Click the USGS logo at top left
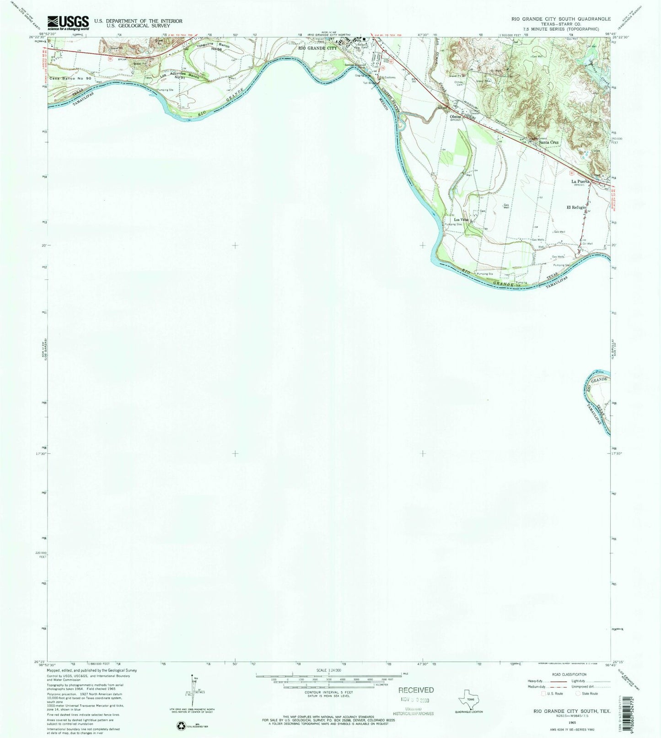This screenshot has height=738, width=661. tap(69, 22)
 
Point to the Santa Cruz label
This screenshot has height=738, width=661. tap(548, 142)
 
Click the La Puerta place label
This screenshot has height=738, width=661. tap(580, 181)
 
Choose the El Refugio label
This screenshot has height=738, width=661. tap(576, 207)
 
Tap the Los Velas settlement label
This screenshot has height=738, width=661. tap(461, 220)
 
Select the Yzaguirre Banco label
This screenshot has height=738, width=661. tap(213, 46)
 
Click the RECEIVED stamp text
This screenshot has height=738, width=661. tap(415, 690)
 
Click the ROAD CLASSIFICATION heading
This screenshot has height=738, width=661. tap(569, 674)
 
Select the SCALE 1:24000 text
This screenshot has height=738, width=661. tap(328, 670)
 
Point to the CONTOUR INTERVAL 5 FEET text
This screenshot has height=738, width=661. tap(328, 693)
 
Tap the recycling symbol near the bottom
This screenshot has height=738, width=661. tap(180, 726)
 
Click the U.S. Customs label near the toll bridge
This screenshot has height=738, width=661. tap(389, 77)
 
